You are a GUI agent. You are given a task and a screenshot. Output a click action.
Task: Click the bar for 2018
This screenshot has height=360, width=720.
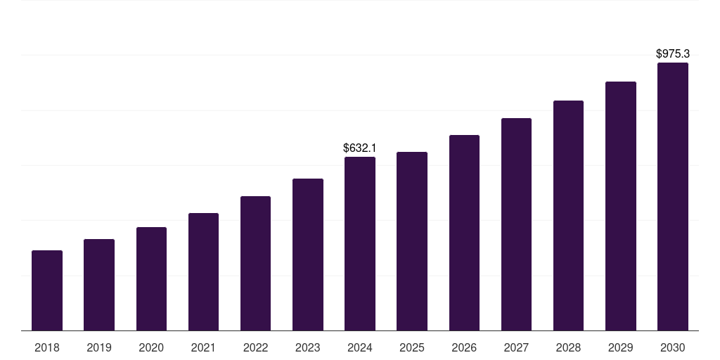(x=47, y=290)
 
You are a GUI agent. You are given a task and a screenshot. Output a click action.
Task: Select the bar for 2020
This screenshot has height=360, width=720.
(x=151, y=279)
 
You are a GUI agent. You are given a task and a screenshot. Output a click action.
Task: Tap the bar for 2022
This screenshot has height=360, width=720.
(x=255, y=264)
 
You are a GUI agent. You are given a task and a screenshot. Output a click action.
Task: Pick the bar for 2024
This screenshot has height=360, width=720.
(x=360, y=244)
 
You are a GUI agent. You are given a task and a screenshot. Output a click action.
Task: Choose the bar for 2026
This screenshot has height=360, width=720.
(x=464, y=233)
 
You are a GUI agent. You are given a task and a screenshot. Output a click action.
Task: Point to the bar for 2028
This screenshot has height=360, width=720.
(x=568, y=216)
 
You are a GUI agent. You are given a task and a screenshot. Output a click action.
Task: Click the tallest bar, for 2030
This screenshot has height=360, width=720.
(x=673, y=197)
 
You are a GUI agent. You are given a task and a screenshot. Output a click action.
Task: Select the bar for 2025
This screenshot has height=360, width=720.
(x=412, y=241)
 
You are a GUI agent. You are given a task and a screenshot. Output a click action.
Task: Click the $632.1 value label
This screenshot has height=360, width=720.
(x=360, y=148)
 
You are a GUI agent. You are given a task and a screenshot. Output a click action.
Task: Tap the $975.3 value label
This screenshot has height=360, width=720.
(x=673, y=53)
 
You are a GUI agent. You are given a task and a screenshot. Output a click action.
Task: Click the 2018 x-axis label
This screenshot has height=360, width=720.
(x=47, y=347)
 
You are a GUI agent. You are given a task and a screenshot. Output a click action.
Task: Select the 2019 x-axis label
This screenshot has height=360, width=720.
(x=99, y=347)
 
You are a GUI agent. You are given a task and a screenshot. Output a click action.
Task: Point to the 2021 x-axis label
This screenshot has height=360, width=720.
(x=203, y=347)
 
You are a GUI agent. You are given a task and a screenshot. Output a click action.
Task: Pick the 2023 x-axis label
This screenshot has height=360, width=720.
(x=308, y=347)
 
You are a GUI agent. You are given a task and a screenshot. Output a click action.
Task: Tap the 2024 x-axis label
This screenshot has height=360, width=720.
(x=360, y=347)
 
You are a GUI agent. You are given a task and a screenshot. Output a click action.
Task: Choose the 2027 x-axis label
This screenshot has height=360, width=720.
(x=516, y=347)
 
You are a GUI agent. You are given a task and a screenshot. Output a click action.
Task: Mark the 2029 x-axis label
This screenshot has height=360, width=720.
(x=621, y=347)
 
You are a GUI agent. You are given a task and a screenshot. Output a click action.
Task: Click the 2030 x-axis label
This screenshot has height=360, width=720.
(x=673, y=347)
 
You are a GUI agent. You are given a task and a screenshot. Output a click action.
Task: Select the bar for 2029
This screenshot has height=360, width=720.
(x=621, y=206)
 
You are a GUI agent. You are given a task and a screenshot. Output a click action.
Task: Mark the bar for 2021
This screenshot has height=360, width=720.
(x=203, y=272)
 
